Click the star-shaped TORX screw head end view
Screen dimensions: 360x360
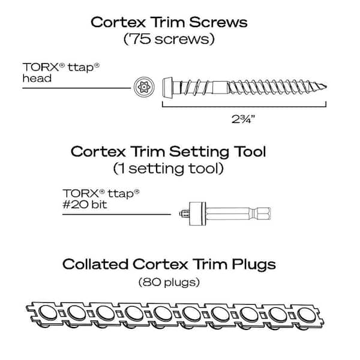143,87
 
